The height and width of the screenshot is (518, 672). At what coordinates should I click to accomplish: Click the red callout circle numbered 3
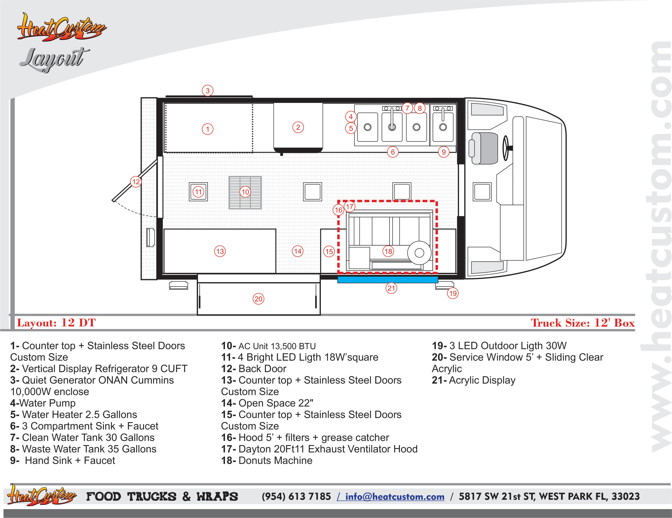coord(208,91)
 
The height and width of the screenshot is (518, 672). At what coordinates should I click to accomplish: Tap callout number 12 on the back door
coord(136,182)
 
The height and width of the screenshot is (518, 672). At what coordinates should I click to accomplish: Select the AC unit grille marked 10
coord(245,192)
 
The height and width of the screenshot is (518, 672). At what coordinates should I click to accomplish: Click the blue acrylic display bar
coord(388,279)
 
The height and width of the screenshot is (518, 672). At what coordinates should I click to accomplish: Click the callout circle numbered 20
coord(258,299)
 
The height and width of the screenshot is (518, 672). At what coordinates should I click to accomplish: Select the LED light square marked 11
coord(198,192)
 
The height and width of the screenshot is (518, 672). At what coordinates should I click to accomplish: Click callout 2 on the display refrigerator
coord(298,127)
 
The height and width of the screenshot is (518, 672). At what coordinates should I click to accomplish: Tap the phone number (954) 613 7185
coord(296,496)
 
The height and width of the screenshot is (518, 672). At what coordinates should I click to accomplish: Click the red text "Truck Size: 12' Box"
coord(583,323)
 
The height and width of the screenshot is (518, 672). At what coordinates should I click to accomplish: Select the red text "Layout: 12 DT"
coord(56,323)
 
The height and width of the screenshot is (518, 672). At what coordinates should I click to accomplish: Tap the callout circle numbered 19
coord(453,293)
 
